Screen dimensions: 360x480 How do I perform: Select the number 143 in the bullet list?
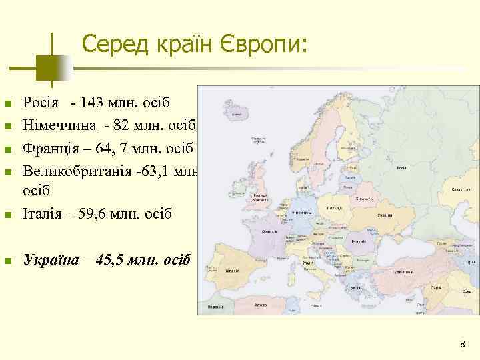(91, 103)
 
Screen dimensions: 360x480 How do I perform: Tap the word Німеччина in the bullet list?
(61, 125)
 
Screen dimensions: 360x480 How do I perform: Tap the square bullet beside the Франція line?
(8, 148)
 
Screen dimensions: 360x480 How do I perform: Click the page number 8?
(462, 344)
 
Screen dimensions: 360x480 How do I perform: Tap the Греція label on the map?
(355, 287)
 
